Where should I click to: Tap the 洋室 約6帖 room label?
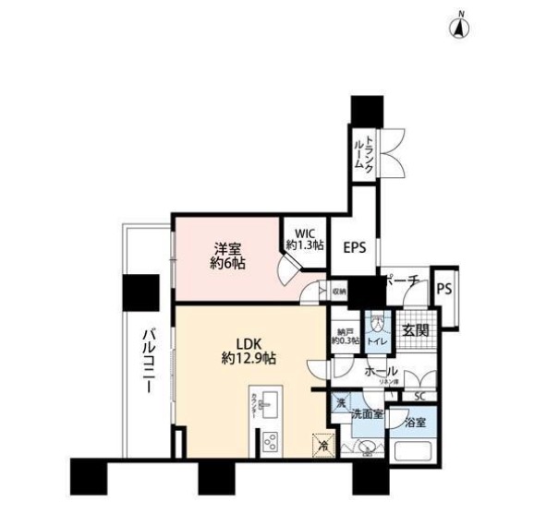tap(228, 256)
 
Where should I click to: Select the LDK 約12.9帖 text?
tap(249, 350)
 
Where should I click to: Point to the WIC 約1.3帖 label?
tap(304, 240)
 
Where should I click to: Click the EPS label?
tap(355, 247)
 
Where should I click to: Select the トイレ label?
tap(378, 340)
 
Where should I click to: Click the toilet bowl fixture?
tap(378, 324)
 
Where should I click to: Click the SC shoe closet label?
tap(419, 397)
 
